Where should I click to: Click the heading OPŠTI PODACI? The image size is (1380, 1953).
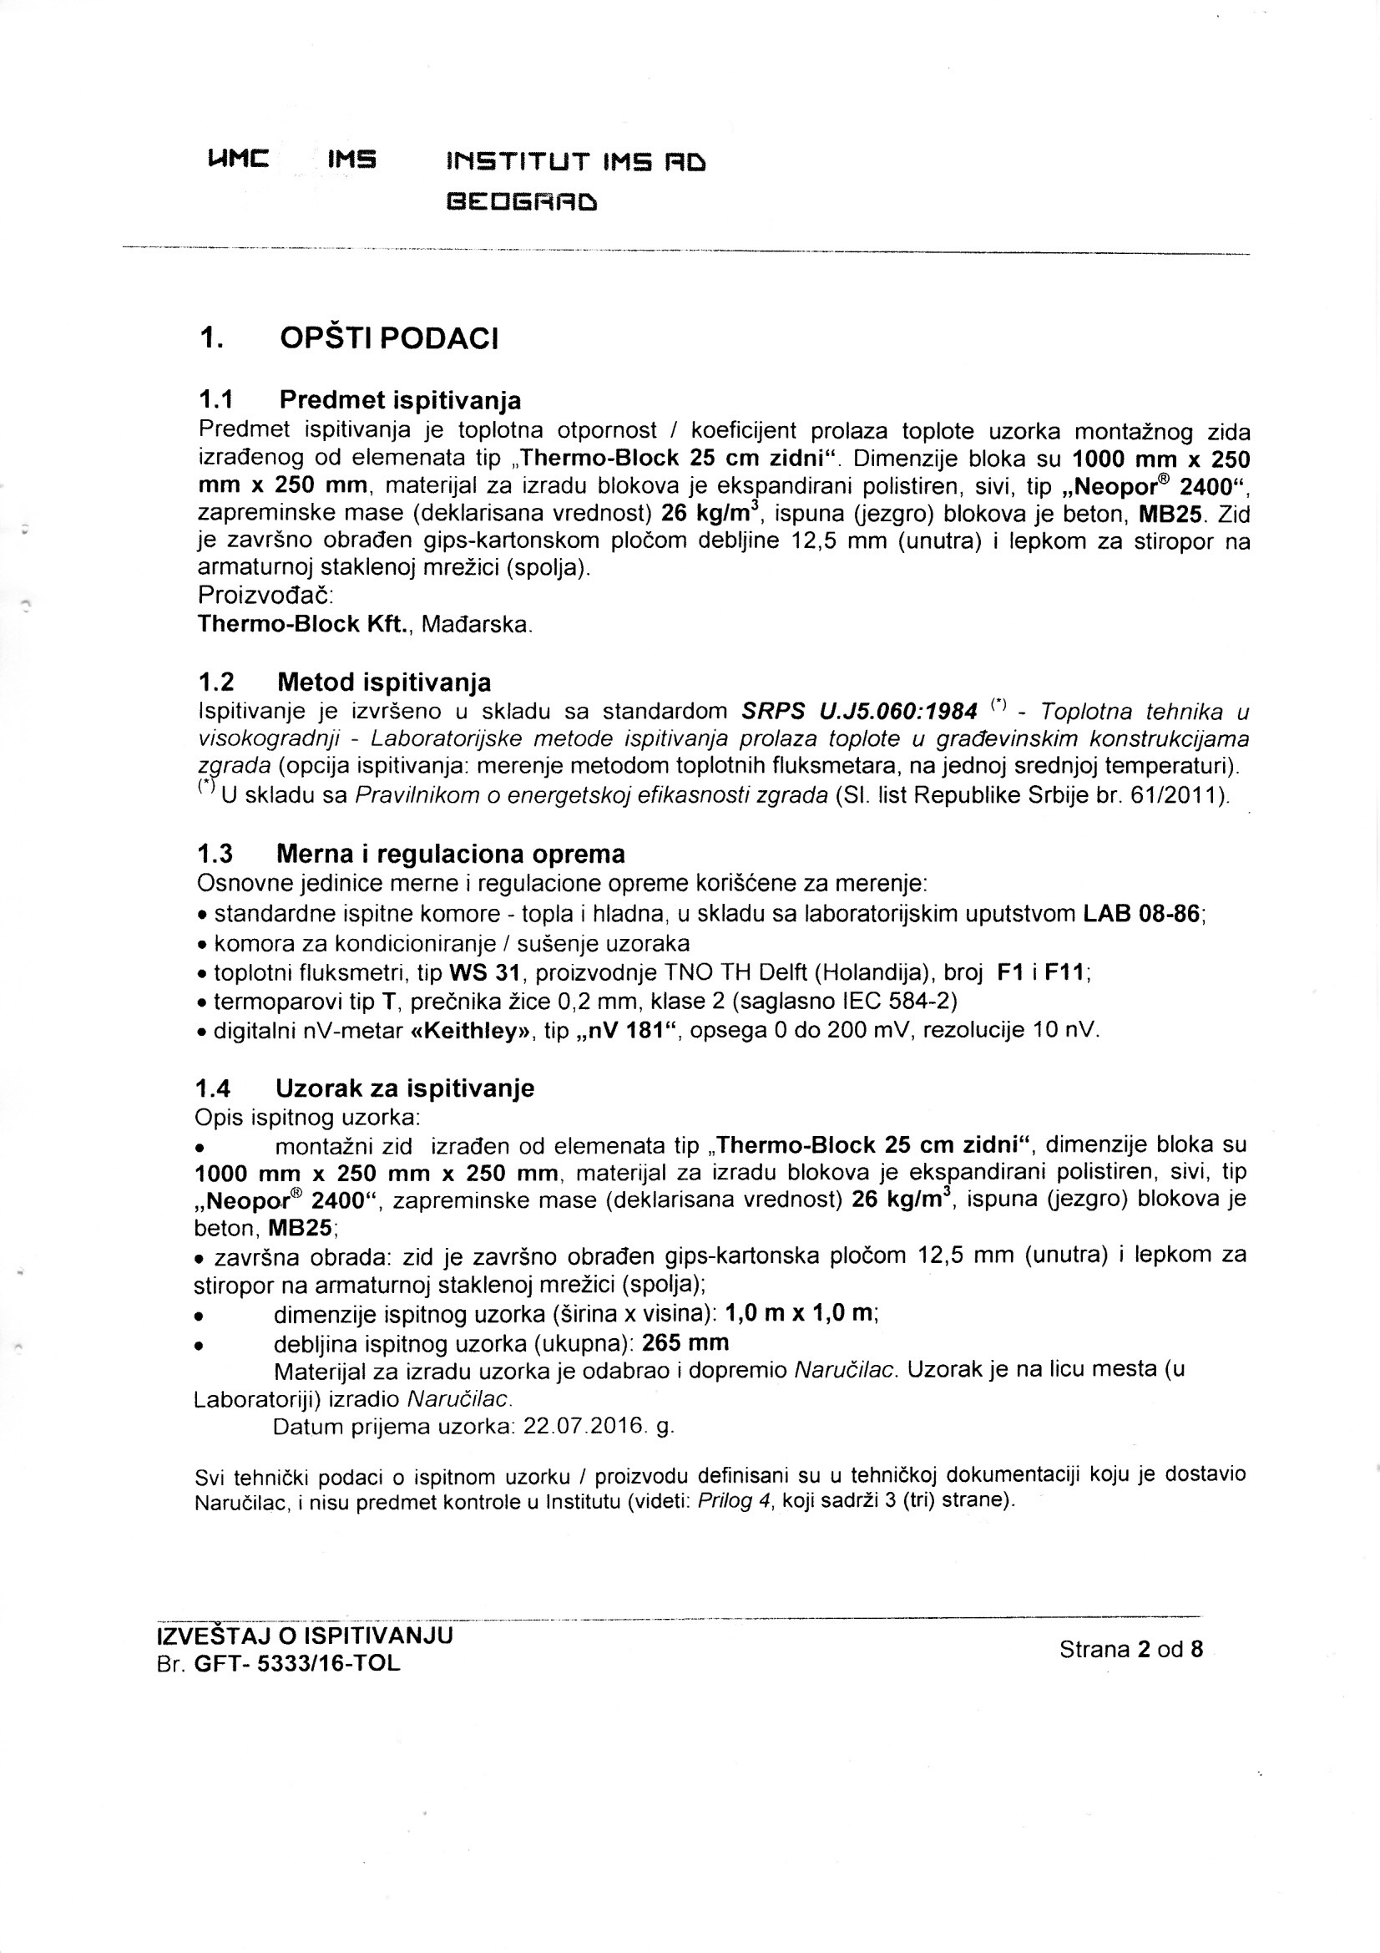[x=388, y=338]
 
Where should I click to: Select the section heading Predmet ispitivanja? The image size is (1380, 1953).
[x=400, y=399]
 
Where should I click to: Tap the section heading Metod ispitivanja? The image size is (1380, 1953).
[x=383, y=682]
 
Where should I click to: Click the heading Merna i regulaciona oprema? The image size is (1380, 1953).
[x=451, y=853]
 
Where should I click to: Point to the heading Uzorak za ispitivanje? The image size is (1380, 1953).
[x=405, y=1088]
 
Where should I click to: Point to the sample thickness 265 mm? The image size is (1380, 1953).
[x=685, y=1342]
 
